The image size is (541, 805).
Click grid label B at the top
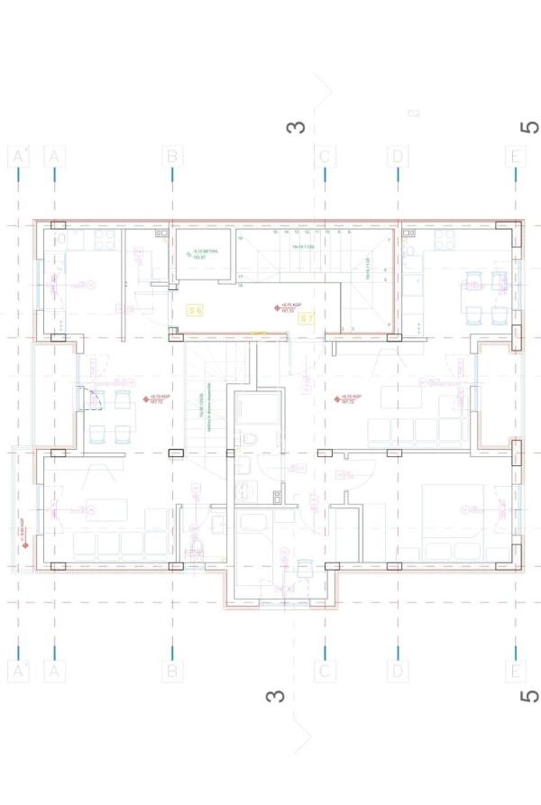(x=171, y=156)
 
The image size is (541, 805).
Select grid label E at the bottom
(x=515, y=671)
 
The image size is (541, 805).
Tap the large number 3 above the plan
(x=296, y=127)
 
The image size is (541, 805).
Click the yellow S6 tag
(x=195, y=309)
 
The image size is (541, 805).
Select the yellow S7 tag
(x=306, y=318)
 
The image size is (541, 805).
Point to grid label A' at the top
(x=18, y=156)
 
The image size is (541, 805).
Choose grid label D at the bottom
(x=397, y=671)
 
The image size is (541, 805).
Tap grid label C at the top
(x=325, y=156)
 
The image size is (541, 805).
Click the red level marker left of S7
(x=276, y=307)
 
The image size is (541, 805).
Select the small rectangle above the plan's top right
(x=414, y=113)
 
